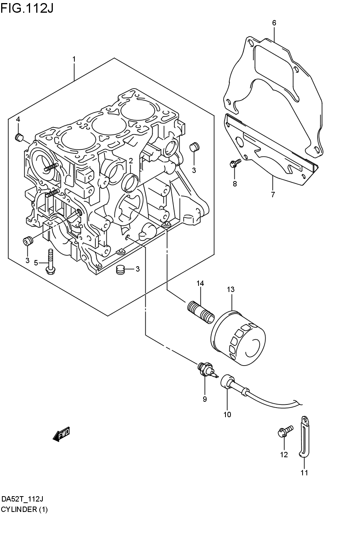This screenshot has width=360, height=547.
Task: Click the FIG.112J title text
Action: pos(27,7)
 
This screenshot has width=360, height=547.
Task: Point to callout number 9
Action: pos(205,399)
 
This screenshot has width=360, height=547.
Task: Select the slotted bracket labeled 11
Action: pos(304,437)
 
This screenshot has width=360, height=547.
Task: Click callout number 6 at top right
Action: pos(274,23)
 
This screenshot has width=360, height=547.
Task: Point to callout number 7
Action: pos(273,195)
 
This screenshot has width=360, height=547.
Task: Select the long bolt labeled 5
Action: pos(50,262)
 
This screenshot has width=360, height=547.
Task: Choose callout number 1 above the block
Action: pos(74,59)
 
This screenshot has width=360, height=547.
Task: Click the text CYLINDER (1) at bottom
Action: pos(24,509)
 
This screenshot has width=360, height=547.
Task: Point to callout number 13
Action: pos(230,289)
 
